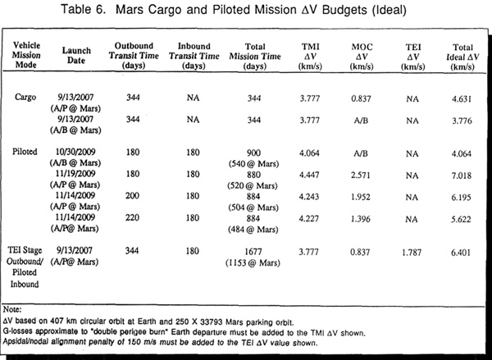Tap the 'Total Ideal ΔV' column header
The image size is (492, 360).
pos(463,57)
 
